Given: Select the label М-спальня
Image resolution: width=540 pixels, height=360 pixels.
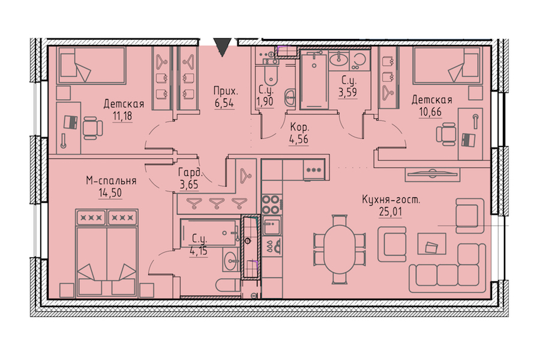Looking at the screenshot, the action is pos(111,181).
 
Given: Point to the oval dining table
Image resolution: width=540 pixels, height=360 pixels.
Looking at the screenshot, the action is pos(340,249).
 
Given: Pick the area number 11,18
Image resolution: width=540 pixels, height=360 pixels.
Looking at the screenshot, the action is pos(122,116).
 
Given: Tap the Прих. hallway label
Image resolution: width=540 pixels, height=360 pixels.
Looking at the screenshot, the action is pos(226,92).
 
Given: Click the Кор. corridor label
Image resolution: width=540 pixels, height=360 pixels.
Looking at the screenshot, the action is pos(299,128).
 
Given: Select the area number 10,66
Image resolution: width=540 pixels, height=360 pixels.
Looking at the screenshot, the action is pos(430,112).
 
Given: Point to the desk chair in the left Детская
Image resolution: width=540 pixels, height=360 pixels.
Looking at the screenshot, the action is pos(92,128).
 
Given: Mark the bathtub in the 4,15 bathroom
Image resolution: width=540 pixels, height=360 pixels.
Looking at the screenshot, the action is pos(210,233).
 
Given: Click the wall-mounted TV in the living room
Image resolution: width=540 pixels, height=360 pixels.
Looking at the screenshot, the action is pos(433,175).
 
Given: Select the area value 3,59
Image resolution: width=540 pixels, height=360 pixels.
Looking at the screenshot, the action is pos(348,92).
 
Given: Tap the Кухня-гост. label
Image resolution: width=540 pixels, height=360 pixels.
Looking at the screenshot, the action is pos(391,200).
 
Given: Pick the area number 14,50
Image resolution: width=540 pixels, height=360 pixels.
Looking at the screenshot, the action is pos(110,193).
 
